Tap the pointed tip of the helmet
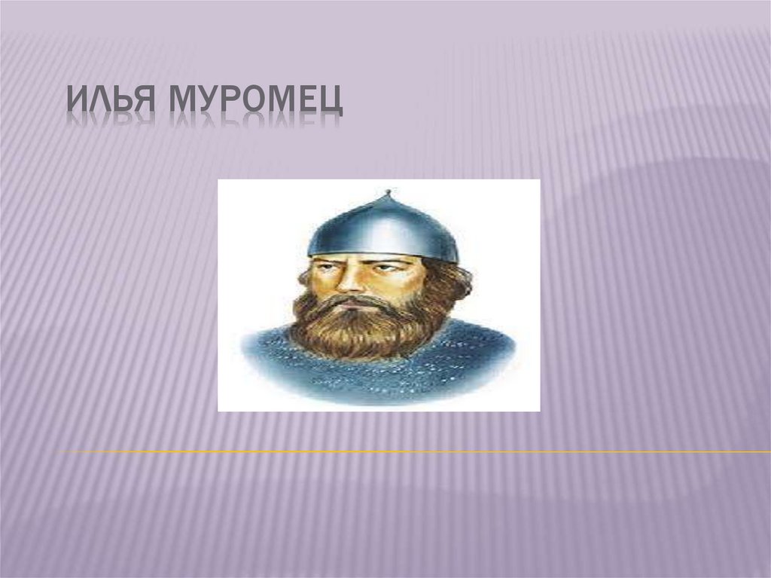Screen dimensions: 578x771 coord(387,194)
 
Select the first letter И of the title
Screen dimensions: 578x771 coord(75,100)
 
